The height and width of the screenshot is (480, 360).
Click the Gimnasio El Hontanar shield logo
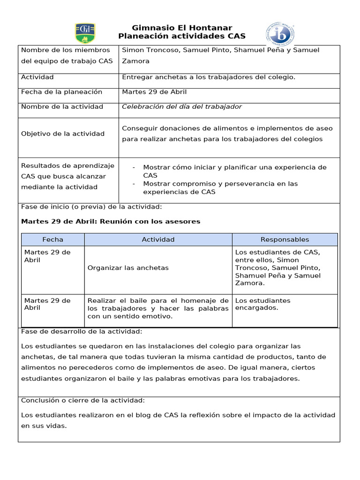[x=85, y=33]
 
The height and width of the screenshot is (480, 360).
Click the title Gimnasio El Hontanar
[x=182, y=28]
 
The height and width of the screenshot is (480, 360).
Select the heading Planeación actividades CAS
[x=182, y=37]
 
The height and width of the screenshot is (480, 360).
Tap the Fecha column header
[x=52, y=240]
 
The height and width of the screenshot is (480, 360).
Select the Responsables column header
[x=285, y=240]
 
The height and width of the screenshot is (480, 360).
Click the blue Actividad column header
[x=158, y=240]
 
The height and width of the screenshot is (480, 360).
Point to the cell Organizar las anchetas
[x=128, y=268]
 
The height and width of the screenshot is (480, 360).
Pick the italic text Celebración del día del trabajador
[x=182, y=107]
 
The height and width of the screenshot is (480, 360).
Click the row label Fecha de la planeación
[x=61, y=92]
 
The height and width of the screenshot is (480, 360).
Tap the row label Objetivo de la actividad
[x=63, y=134]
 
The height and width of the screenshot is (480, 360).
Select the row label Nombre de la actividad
[x=62, y=107]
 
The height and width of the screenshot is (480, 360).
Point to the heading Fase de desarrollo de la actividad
[x=82, y=332]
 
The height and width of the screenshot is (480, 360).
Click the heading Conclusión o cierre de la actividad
[x=83, y=400]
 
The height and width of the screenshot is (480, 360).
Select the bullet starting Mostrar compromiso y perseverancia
[x=220, y=187]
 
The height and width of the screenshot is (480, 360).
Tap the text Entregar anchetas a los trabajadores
[x=209, y=77]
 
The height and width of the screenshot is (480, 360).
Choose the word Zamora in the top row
[x=135, y=61]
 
